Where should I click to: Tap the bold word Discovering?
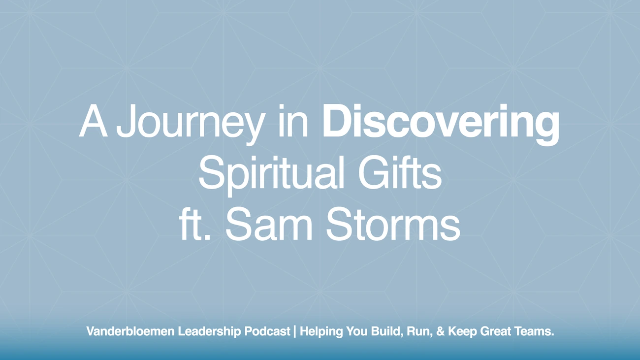(x=441, y=123)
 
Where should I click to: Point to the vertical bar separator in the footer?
(x=295, y=331)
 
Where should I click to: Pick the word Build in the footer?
(x=376, y=331)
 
